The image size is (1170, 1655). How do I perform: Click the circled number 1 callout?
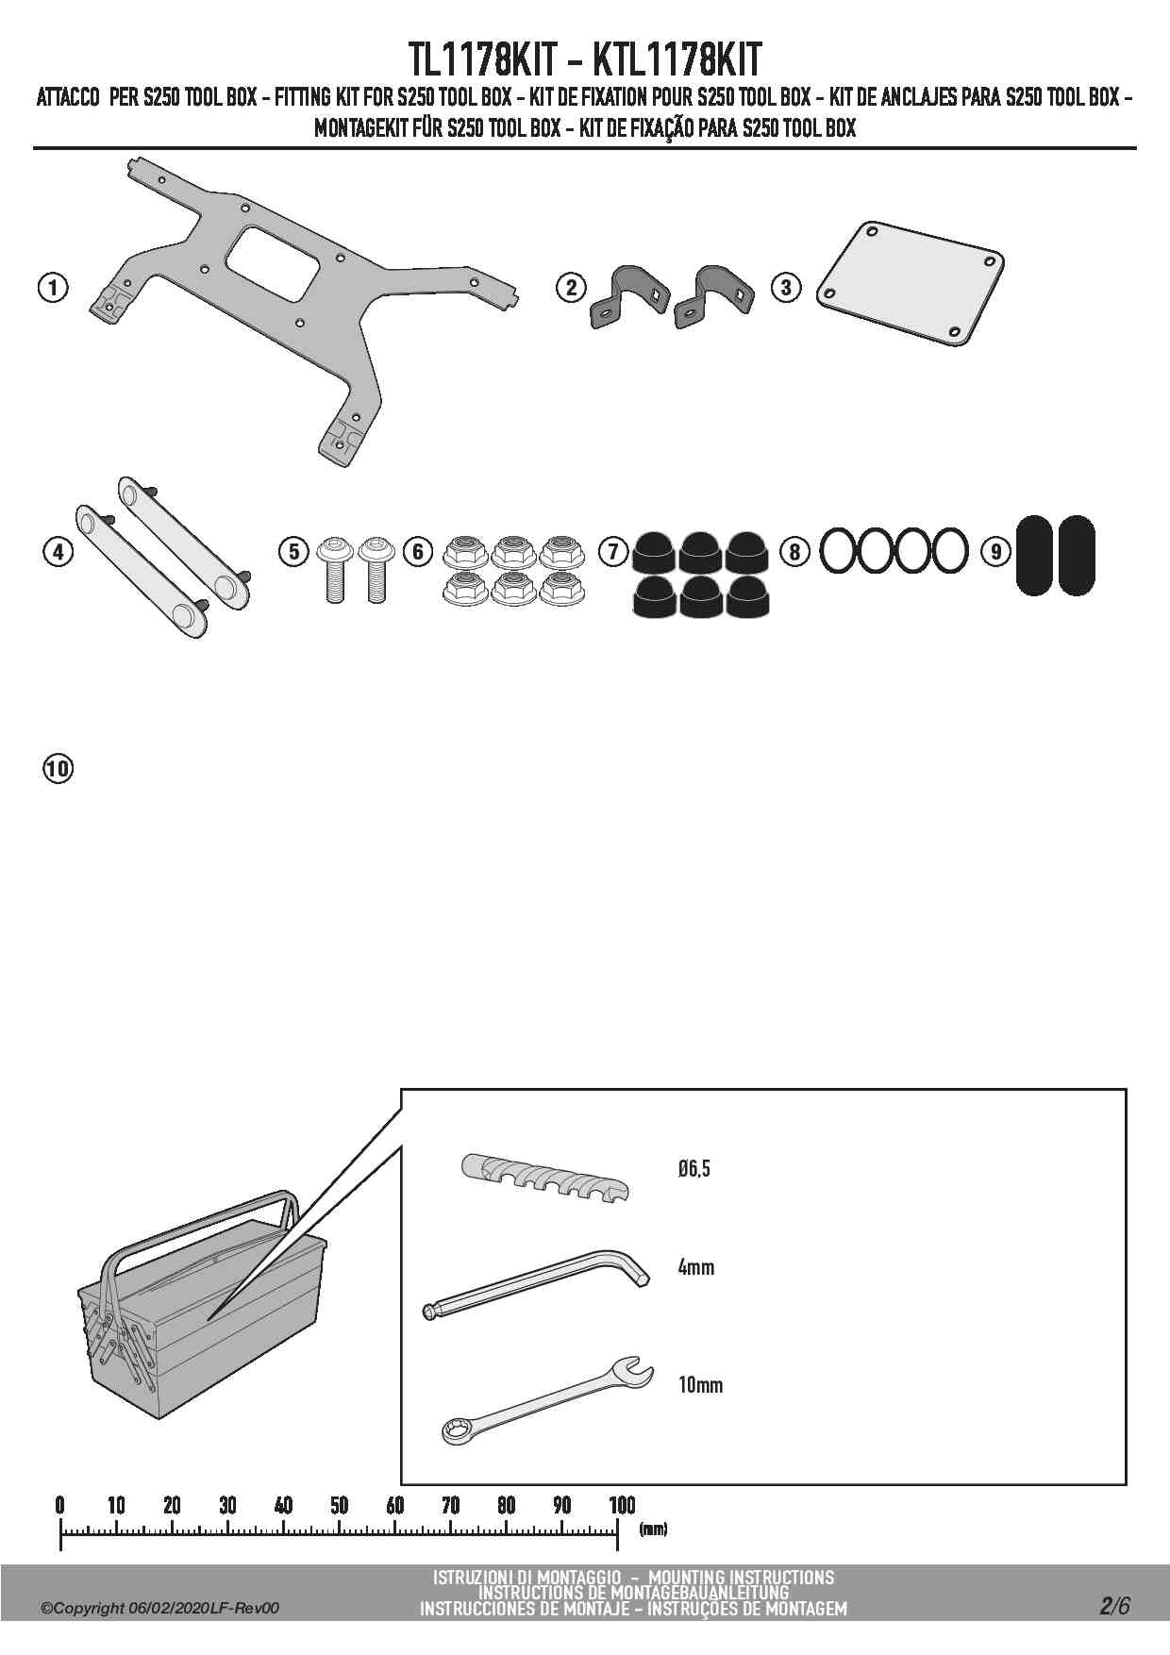(54, 287)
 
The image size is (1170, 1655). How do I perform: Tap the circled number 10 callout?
(58, 768)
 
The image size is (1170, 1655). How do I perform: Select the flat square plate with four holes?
(909, 282)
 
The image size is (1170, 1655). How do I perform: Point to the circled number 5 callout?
(294, 551)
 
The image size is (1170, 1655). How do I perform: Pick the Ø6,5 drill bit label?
(694, 1169)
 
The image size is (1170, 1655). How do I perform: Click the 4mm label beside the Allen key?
(695, 1267)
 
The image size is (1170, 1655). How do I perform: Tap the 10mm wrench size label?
(700, 1384)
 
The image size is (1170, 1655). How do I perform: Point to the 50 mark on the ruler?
(340, 1505)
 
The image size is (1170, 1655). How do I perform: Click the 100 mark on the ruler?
(621, 1505)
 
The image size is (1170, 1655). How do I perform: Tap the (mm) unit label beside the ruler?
(653, 1529)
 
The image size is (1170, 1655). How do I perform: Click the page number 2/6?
(1113, 1605)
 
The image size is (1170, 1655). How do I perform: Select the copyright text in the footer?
(160, 1608)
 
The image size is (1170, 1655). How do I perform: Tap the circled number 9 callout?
(996, 551)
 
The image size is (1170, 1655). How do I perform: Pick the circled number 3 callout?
(786, 287)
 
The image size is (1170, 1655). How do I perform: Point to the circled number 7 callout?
(613, 551)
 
